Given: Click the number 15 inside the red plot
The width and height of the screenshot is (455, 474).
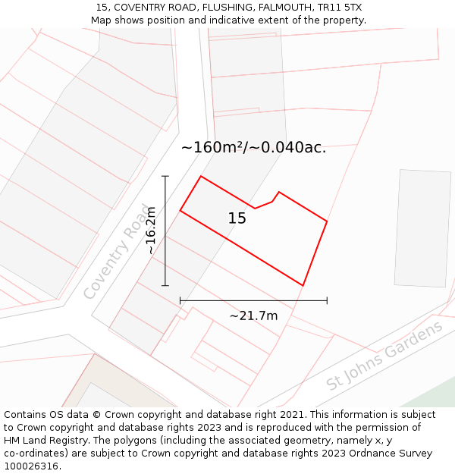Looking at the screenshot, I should coord(237,218).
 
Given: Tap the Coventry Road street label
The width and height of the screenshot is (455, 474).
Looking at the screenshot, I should coord(117,251).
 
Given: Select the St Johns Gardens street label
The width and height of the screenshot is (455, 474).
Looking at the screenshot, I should coord(384,356).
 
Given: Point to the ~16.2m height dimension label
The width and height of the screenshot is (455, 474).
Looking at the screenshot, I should coord(151,231).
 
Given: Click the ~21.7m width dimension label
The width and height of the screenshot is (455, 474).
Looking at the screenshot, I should coord(253,315).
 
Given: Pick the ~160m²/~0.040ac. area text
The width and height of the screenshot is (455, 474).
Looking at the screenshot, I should coord(253,147).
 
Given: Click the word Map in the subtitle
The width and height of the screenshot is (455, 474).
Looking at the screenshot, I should coord(102,20).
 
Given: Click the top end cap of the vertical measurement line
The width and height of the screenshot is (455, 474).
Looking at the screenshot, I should coord(165,176).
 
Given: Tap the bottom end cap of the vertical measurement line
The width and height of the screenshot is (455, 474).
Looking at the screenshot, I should coord(165,286).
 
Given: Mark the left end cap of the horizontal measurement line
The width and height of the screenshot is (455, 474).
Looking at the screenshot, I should coord(180,301).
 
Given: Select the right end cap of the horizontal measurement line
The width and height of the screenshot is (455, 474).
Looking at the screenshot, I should coord(327,301).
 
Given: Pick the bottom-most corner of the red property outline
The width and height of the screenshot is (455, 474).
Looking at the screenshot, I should coord(303,286).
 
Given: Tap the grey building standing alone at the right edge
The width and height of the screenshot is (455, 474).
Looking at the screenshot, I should coord(422,228).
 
